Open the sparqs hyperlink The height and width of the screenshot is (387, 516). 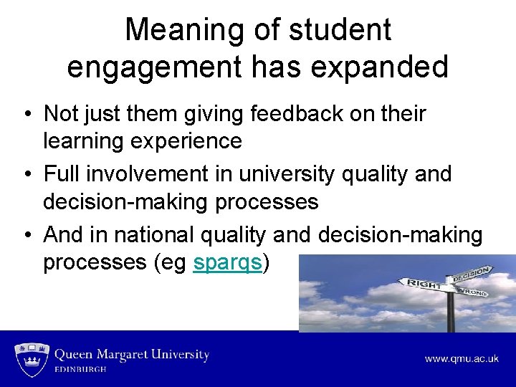227,263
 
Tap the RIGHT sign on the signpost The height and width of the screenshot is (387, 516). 425,284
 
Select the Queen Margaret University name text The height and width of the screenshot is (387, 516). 132,355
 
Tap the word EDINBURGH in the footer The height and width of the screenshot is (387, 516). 81,370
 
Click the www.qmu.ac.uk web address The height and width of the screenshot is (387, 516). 461,359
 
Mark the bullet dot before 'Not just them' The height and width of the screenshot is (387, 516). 26,115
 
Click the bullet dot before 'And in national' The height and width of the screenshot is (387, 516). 26,235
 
